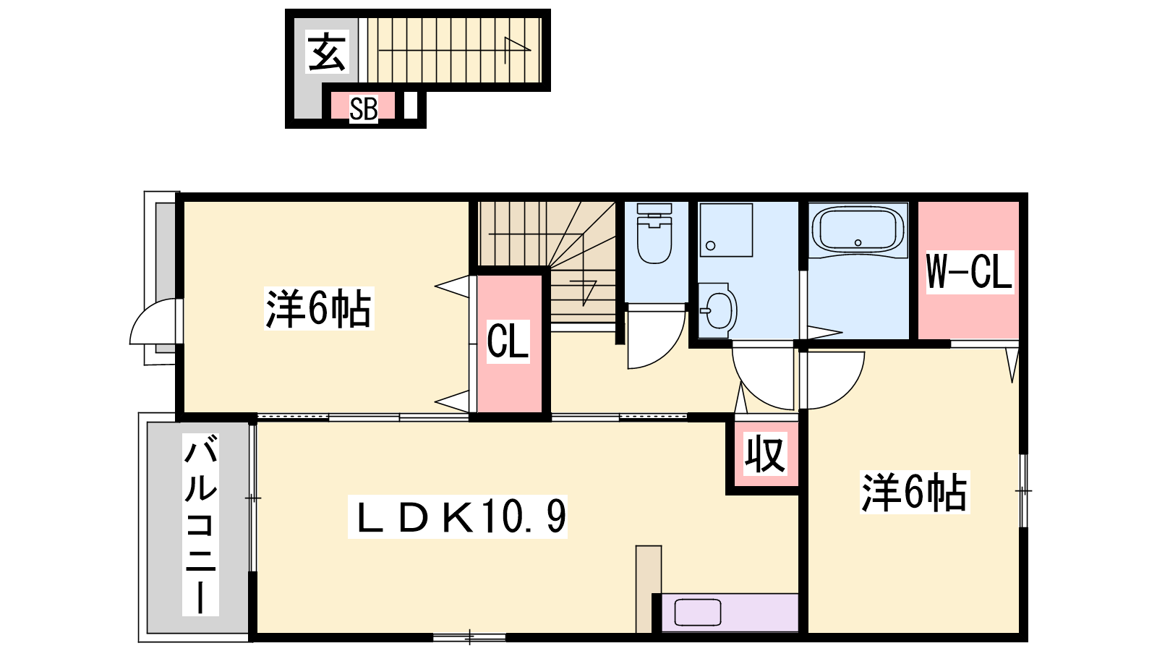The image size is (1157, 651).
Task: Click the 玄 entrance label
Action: pos(326,51)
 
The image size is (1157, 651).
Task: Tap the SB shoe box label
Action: pos(364,109)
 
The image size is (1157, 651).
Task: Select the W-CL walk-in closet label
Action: pos(969,272)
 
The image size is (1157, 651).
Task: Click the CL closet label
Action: pos(508,341)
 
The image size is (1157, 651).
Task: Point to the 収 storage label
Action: pos(766,454)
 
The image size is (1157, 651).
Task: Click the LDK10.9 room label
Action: pos(458,517)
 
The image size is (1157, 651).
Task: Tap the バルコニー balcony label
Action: pos(200,525)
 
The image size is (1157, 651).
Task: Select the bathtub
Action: pos(858,230)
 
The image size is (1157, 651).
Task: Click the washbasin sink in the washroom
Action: pos(718,310)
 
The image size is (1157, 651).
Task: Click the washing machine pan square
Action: pos(726,230)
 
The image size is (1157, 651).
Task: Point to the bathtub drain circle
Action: pos(858,242)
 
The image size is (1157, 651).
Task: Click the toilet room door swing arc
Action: pos(666,352)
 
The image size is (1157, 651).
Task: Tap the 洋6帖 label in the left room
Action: pos(319,309)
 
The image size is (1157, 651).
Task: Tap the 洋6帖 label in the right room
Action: pos(914,493)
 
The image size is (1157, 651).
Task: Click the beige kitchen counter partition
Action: pos(648,589)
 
